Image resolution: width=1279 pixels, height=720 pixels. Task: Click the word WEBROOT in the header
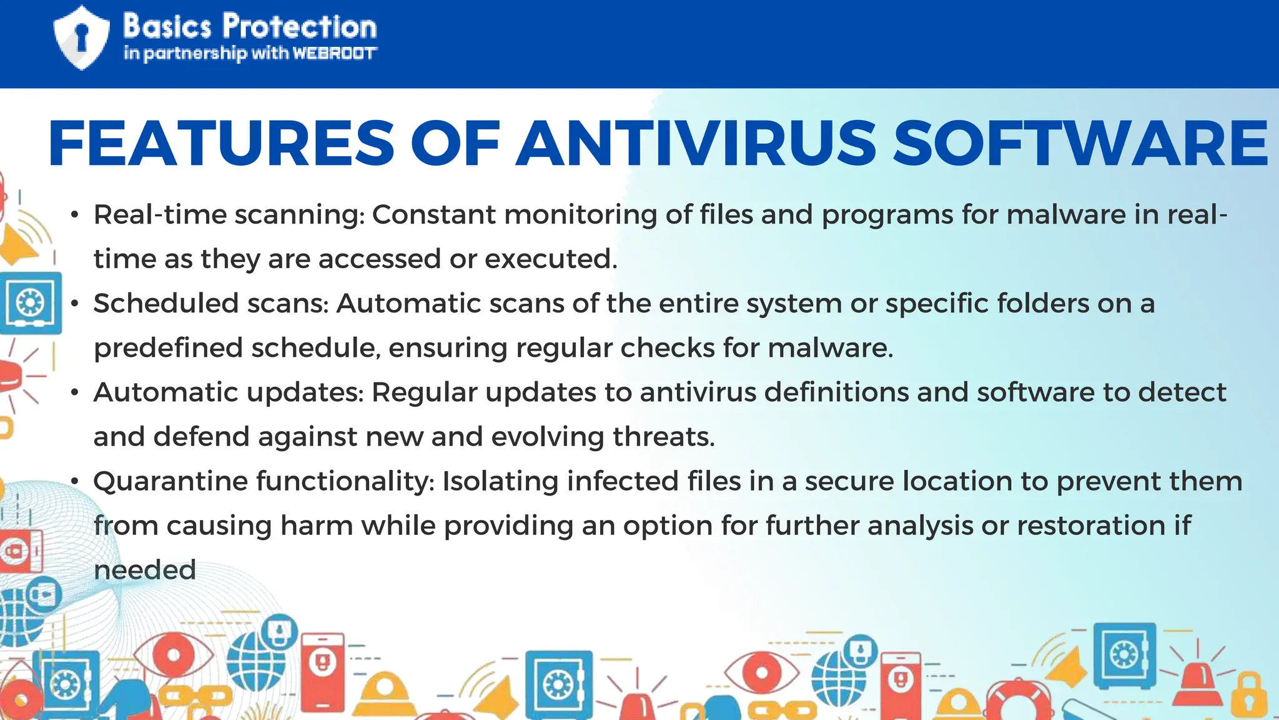[x=335, y=54]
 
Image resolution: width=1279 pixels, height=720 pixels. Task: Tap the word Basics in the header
[x=167, y=27]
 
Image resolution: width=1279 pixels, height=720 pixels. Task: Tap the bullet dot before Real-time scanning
[x=75, y=216]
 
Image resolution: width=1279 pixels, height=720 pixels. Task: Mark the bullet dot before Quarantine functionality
[x=75, y=482]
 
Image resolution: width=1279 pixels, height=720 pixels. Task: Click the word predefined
[x=168, y=348]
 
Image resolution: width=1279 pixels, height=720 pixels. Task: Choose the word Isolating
[x=500, y=481]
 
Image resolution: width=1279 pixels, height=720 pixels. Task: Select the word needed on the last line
[x=145, y=570]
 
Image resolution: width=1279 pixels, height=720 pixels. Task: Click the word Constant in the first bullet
[x=434, y=215]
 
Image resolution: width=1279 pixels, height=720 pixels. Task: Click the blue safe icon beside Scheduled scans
[x=30, y=304]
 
